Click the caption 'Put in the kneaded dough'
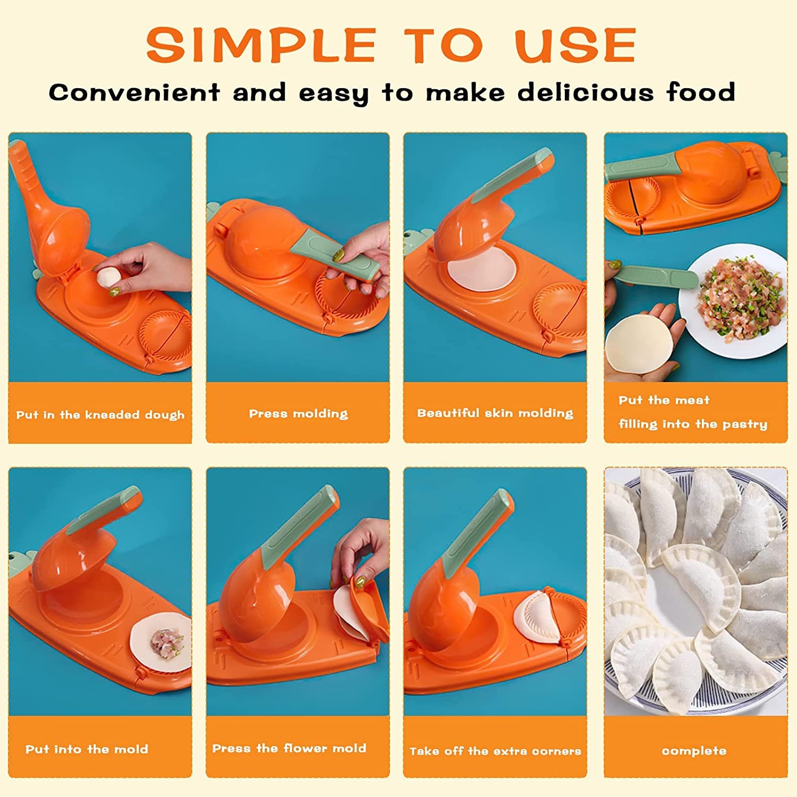pyautogui.click(x=100, y=415)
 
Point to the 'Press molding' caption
pyautogui.click(x=299, y=414)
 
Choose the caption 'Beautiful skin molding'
pyautogui.click(x=495, y=413)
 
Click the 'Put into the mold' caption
pyautogui.click(x=87, y=749)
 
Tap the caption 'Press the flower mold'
pyautogui.click(x=289, y=748)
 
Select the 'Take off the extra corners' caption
pyautogui.click(x=495, y=751)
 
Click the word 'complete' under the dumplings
pyautogui.click(x=694, y=751)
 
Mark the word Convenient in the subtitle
pyautogui.click(x=134, y=92)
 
